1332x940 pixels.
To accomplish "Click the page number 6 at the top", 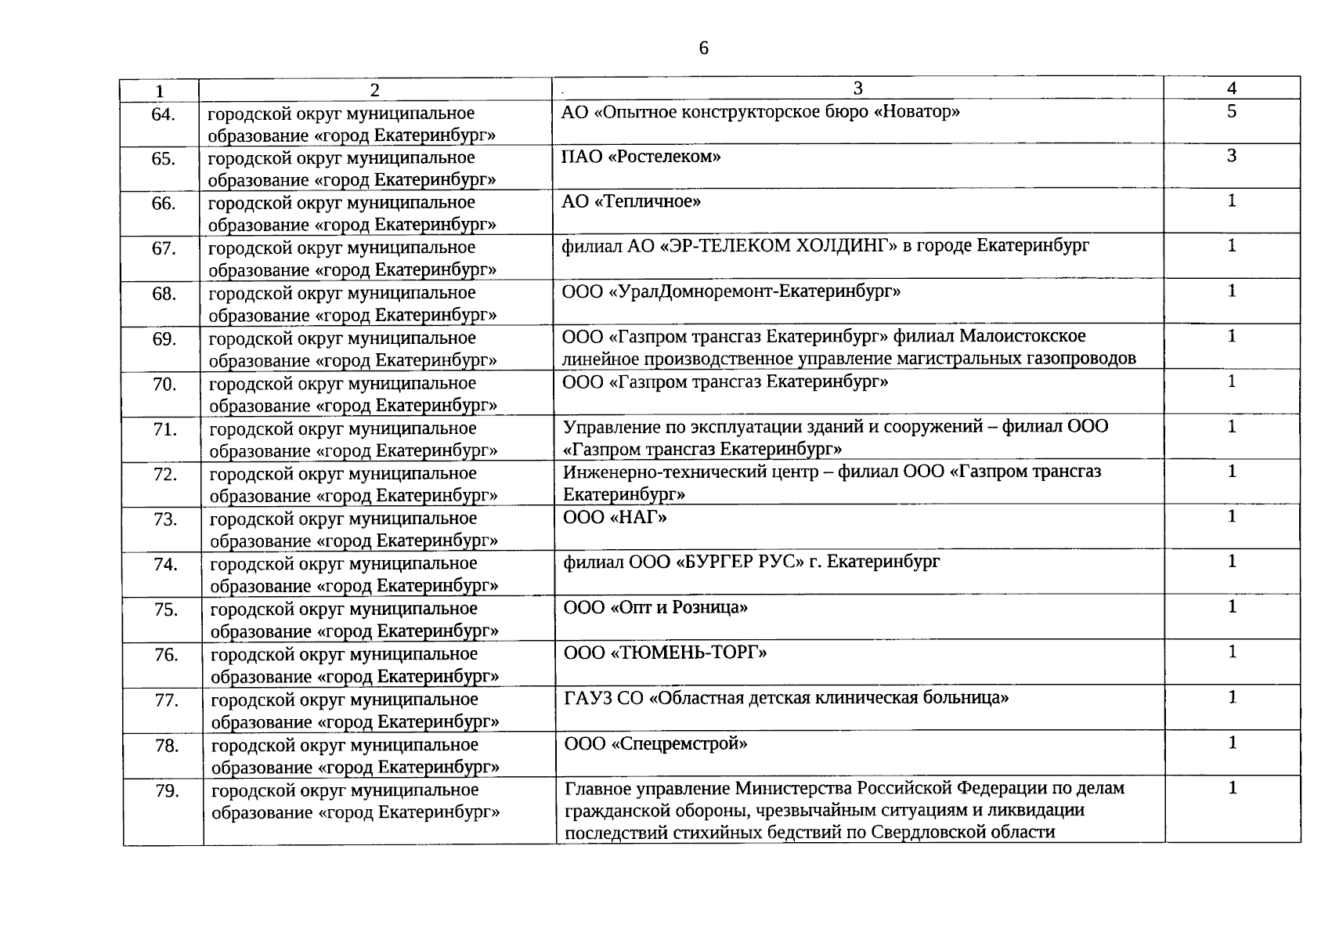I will (x=703, y=49).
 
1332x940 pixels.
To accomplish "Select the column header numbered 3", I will (x=857, y=88).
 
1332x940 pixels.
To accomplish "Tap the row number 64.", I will (x=163, y=114).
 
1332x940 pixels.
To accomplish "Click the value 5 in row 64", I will (x=1232, y=111).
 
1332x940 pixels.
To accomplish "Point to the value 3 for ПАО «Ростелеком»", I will (x=1232, y=156).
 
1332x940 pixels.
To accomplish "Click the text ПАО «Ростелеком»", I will (x=641, y=157).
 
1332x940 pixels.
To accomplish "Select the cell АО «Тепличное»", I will (x=631, y=201).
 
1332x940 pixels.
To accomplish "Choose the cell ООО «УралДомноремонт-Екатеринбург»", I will (x=731, y=291).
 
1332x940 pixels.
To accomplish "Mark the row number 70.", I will (x=164, y=385).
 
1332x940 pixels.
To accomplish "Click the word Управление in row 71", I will (x=606, y=427).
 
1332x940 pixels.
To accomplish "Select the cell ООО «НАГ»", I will (x=615, y=517).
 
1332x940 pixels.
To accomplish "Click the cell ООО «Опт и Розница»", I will (x=655, y=607).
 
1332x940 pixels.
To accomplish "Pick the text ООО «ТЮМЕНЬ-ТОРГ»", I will (x=665, y=653).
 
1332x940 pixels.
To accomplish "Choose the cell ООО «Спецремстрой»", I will (x=655, y=743).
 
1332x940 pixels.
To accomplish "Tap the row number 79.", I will (x=167, y=791).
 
